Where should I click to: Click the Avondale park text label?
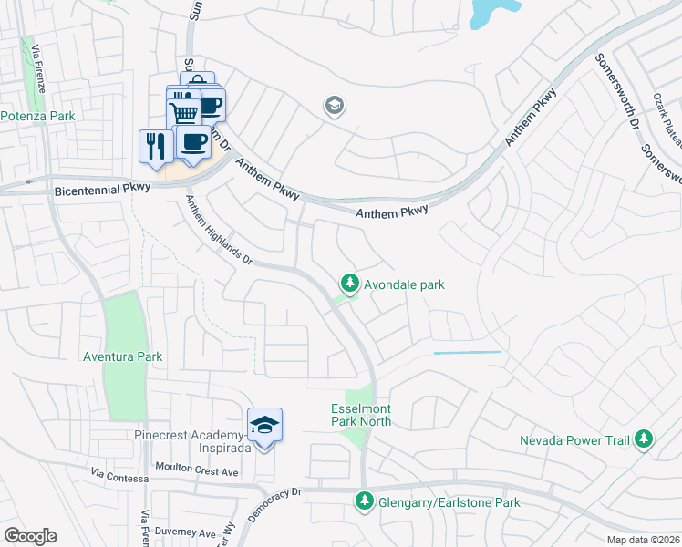pos(404,284)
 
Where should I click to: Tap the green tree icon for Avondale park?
pos(348,284)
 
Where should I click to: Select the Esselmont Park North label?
pos(361,415)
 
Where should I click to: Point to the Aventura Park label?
pos(121,356)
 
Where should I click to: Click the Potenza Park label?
pos(37,116)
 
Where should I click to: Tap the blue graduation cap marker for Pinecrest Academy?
pos(264,426)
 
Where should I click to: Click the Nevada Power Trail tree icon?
pos(645,439)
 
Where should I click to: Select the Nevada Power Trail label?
pos(574,440)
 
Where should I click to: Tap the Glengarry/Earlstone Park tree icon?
pos(364,501)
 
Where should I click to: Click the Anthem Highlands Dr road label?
pos(218,231)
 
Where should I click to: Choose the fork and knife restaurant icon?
pos(156,145)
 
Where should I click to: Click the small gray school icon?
pos(334,107)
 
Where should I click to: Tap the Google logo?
pos(30,536)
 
